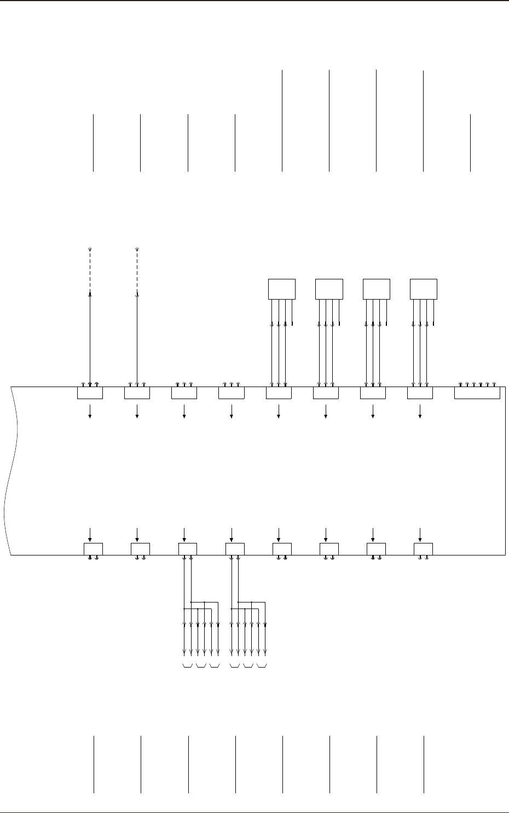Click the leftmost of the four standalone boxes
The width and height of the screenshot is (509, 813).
(282, 289)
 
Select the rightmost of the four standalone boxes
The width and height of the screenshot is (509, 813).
(424, 289)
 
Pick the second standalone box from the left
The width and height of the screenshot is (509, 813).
(329, 289)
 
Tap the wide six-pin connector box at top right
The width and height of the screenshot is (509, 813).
(477, 393)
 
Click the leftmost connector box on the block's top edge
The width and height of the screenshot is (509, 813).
(90, 393)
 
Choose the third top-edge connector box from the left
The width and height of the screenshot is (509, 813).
(184, 393)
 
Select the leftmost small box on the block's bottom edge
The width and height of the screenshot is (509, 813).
(93, 549)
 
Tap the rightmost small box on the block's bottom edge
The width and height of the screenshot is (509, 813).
(424, 549)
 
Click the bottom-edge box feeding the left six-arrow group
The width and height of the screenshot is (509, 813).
(188, 549)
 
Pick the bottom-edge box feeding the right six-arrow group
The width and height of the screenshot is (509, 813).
(235, 549)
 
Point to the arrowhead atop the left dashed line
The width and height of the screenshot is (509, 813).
(90, 249)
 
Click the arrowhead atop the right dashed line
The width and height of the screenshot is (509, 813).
(137, 249)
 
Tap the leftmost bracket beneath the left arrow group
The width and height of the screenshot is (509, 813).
(187, 666)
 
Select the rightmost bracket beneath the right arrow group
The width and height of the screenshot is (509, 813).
(262, 666)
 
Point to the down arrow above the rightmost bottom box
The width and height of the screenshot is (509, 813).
(420, 534)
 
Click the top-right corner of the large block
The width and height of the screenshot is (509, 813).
(505, 387)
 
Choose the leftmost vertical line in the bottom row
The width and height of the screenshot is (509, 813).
(94, 764)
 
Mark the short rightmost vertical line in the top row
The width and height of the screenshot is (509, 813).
(470, 143)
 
